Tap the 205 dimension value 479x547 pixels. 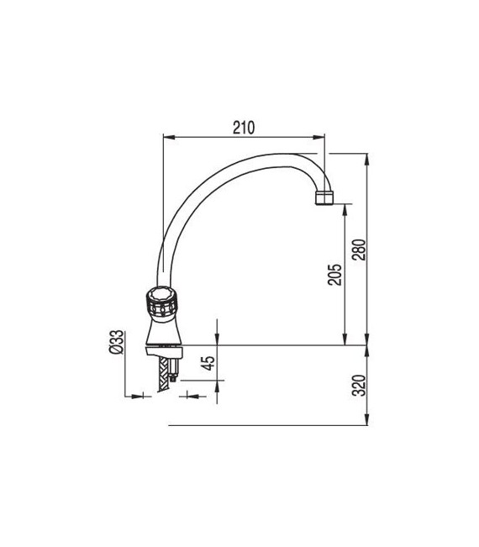pyautogui.click(x=334, y=276)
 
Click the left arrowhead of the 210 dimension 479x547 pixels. pyautogui.click(x=165, y=137)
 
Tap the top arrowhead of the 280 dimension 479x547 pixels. pyautogui.click(x=367, y=157)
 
